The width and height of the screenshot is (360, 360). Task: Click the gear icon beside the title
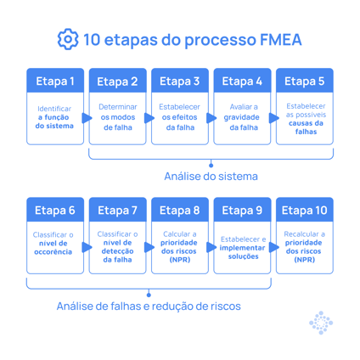68,39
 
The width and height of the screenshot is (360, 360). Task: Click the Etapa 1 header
55,82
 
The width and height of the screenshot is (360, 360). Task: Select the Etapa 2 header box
117,82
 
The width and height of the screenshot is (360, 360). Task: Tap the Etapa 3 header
180,82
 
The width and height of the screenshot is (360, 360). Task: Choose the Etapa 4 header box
242,82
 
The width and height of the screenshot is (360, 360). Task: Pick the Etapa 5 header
304,82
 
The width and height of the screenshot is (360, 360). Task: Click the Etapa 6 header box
55,211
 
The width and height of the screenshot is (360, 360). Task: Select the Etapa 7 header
117,211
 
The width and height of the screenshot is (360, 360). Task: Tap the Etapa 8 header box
180,211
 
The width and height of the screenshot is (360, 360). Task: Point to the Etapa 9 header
242,211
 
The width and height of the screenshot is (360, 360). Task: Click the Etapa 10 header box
304,211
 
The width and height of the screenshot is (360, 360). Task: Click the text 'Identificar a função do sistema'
55,117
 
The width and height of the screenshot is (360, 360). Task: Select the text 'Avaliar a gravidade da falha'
242,117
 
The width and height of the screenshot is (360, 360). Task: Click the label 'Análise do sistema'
211,177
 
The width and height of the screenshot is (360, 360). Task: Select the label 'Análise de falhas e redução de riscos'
149,306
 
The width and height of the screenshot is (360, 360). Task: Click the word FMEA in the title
273,40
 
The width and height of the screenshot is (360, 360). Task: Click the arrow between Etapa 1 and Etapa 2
87,118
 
